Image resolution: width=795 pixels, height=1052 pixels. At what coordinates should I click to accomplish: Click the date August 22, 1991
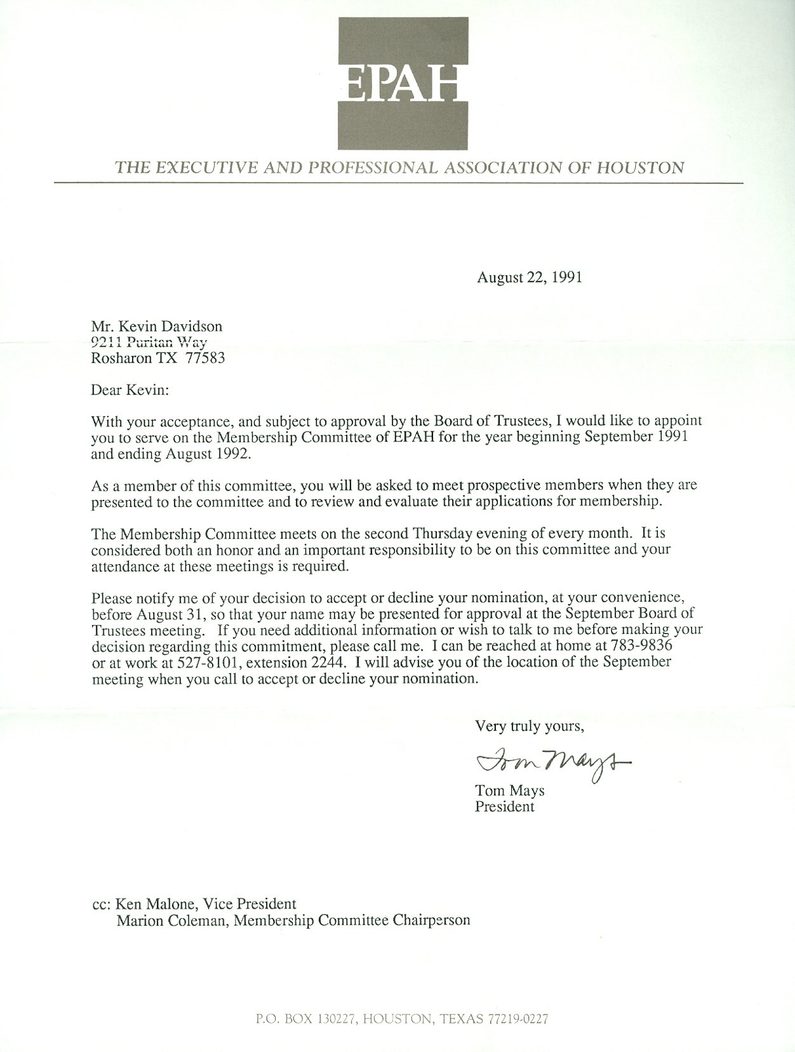530,277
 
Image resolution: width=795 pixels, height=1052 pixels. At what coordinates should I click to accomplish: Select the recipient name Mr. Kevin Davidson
157,326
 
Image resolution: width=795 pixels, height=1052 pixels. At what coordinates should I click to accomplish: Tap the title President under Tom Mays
505,807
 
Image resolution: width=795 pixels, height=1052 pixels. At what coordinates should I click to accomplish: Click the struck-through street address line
150,343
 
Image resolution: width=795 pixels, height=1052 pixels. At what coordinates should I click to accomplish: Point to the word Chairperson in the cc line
433,920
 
